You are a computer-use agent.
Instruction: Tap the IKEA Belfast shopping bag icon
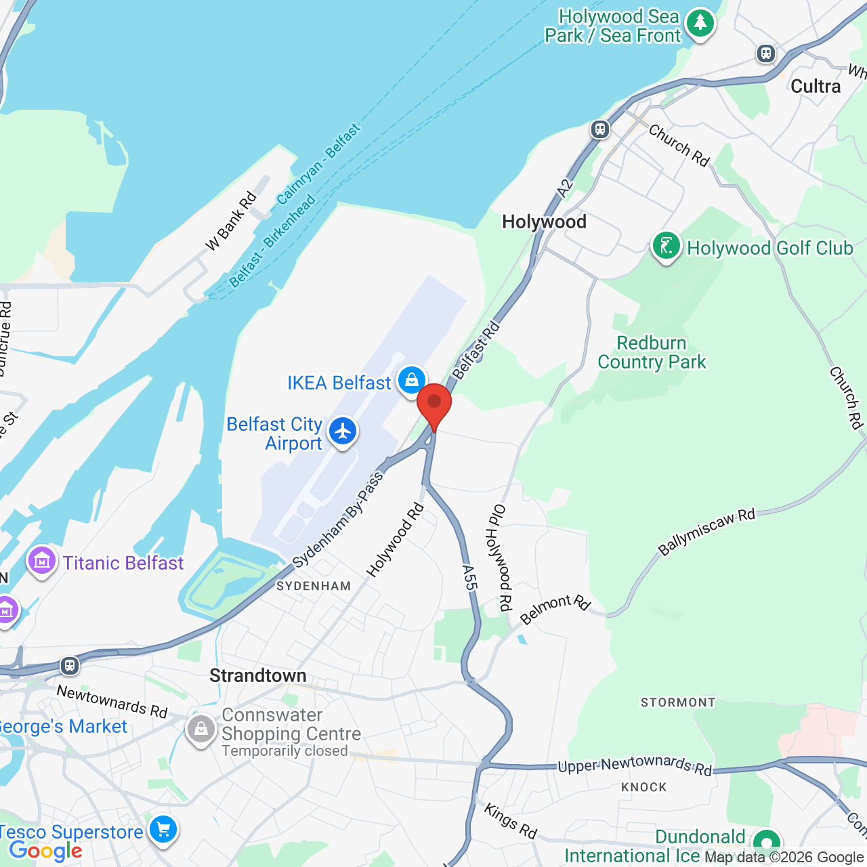(x=411, y=381)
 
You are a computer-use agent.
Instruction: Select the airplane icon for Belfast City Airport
(x=343, y=431)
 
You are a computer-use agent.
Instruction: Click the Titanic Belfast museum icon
(x=42, y=562)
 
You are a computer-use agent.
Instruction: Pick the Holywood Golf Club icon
(x=666, y=247)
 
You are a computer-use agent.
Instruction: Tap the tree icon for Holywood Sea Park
(x=700, y=24)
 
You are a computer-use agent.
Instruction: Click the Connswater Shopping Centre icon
(x=200, y=729)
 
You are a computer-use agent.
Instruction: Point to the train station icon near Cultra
(x=766, y=53)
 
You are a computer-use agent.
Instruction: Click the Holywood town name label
(x=544, y=221)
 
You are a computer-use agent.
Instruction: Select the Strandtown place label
(x=257, y=675)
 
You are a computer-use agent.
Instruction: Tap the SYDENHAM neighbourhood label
(x=314, y=586)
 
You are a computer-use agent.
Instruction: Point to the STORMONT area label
(x=678, y=702)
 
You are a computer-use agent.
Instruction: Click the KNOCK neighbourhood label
(x=644, y=787)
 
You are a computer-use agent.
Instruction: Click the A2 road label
(x=565, y=188)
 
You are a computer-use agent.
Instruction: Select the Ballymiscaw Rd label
(x=706, y=532)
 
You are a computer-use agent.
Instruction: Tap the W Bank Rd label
(x=231, y=221)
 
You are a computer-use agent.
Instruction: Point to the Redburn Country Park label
(x=652, y=352)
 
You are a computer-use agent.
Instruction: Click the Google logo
(x=45, y=851)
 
